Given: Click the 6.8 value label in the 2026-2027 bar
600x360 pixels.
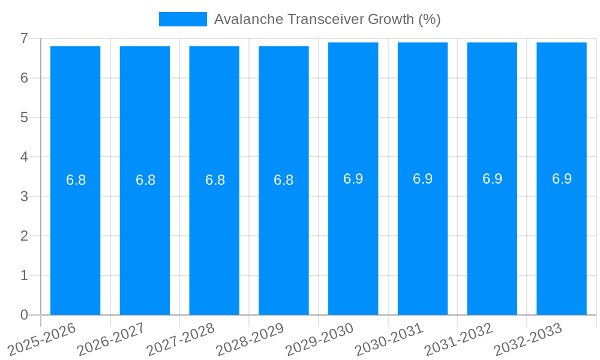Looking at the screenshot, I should [145, 180].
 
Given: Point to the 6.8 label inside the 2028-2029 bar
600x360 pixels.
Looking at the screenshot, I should [283, 180].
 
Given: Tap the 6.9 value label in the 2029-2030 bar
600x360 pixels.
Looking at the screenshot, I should [353, 179].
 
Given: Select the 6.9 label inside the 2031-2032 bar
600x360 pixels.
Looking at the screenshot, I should [492, 179].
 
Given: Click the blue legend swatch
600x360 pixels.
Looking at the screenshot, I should [182, 19].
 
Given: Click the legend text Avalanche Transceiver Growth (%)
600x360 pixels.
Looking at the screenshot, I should [327, 19].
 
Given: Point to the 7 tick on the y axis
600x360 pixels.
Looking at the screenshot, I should [24, 38].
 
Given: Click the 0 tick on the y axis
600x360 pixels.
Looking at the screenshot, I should [24, 315].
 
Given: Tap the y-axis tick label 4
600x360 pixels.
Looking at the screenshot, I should [24, 157].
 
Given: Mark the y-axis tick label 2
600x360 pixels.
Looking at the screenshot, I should [24, 236].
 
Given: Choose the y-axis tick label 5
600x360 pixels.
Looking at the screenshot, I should [24, 118].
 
